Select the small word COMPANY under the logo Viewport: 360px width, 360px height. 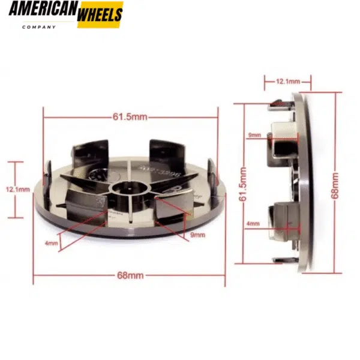[39, 27]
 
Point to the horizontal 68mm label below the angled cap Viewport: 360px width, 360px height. [130, 275]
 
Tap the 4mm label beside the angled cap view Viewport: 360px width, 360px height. [52, 243]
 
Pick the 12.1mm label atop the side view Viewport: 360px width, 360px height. [287, 80]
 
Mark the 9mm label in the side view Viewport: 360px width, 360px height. [254, 136]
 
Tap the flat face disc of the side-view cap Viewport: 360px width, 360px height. [305, 183]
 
